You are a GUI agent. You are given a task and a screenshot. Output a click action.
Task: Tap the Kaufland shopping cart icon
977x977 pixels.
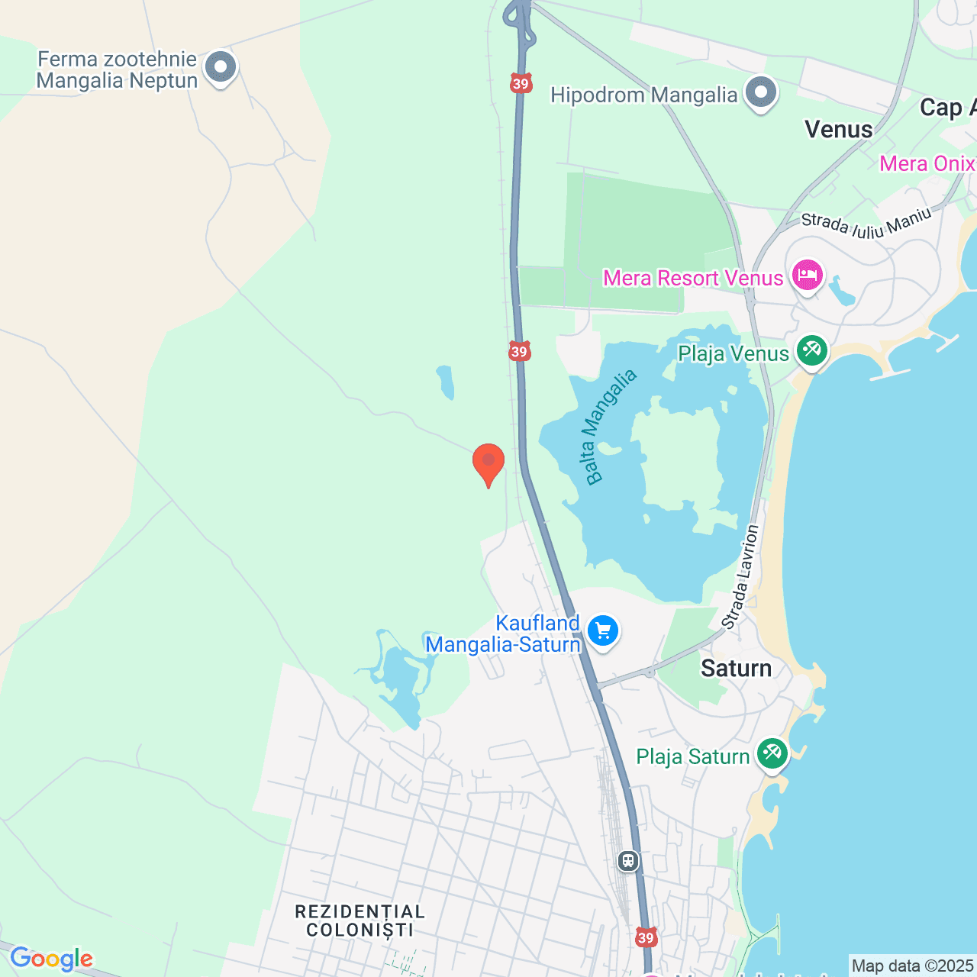click(x=603, y=632)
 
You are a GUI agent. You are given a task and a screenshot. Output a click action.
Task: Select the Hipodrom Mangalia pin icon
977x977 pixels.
click(x=760, y=93)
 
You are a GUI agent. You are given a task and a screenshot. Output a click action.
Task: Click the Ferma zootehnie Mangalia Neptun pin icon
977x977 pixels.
click(x=221, y=67)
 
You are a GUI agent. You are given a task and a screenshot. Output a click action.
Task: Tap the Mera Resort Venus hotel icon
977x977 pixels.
click(x=808, y=275)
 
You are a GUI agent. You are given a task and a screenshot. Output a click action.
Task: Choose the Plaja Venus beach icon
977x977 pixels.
click(x=811, y=351)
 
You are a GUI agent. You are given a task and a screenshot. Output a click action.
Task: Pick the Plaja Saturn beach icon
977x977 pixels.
click(x=772, y=754)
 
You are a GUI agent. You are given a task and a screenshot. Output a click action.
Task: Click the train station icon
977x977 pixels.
click(x=628, y=862)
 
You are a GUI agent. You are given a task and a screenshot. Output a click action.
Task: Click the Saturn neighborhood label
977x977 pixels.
click(x=736, y=669)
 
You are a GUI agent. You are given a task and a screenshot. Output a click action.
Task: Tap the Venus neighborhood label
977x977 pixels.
click(x=838, y=130)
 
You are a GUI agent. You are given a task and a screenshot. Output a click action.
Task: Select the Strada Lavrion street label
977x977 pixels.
click(x=741, y=576)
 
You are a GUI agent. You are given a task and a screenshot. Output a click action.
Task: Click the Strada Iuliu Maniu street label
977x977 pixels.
click(x=866, y=224)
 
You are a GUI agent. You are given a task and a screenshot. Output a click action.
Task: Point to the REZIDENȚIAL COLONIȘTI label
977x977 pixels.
click(x=360, y=921)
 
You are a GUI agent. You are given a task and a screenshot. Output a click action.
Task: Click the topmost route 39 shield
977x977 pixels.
click(x=521, y=84)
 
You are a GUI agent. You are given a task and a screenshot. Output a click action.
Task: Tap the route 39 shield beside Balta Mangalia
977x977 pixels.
click(x=519, y=352)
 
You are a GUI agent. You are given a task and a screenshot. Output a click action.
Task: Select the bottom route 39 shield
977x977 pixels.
click(x=646, y=937)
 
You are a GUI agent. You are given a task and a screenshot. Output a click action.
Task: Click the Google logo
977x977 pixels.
click(x=51, y=959)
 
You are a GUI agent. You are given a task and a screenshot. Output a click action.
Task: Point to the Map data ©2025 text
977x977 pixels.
click(x=912, y=966)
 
